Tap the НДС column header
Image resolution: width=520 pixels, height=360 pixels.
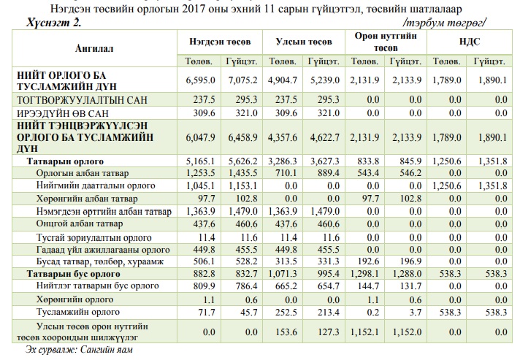[x=469, y=42]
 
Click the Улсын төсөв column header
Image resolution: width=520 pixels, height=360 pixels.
[x=303, y=42]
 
